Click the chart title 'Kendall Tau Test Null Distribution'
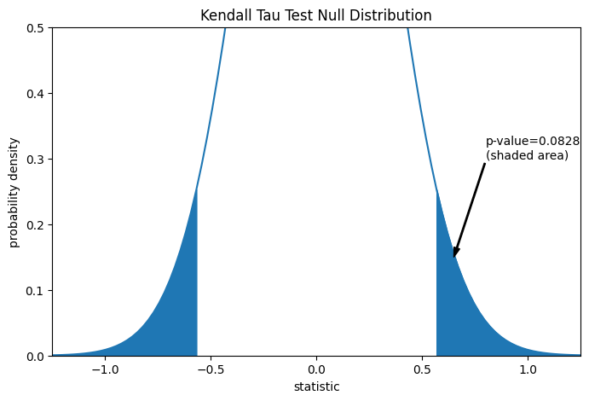tap(316, 16)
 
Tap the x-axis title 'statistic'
tap(316, 387)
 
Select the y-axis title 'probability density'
tap(14, 192)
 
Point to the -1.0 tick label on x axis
tap(105, 369)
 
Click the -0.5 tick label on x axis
tap(211, 369)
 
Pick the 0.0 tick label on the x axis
tap(316, 369)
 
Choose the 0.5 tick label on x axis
tap(422, 369)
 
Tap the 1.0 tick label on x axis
tap(528, 369)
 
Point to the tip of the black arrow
tap(454, 256)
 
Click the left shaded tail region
tap(175, 316)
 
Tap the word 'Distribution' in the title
tap(392, 16)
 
